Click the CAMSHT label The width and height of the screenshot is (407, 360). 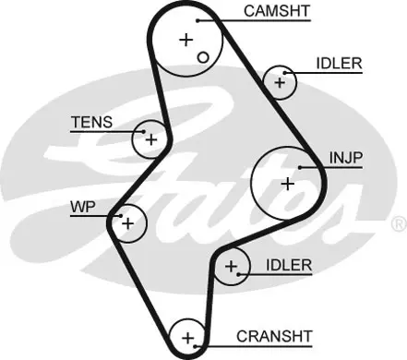pos(277,11)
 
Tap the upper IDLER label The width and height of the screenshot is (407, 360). pos(339,64)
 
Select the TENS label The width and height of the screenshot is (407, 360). pos(92,122)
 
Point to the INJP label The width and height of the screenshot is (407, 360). pos(346,158)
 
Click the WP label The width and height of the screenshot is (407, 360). pos(83,207)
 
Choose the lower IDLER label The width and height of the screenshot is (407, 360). pos(289,265)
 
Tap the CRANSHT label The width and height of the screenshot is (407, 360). pos(274,336)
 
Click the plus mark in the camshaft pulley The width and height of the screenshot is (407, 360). pos(186,40)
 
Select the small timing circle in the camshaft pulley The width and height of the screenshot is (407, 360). pos(203,57)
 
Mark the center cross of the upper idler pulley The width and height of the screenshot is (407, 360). pos(280,82)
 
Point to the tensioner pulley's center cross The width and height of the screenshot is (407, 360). pos(151,140)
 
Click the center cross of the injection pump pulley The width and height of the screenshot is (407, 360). pos(288,184)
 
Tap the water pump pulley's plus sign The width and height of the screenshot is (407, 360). pos(128,223)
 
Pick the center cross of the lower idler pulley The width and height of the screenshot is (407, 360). pos(231,267)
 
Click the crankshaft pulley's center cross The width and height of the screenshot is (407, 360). pos(187,338)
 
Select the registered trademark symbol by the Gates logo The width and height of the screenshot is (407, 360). pos(400,224)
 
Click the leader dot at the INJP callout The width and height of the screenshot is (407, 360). pos(300,167)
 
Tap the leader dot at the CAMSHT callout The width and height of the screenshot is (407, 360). pos(198,20)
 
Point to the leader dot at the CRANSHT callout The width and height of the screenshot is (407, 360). pos(195,346)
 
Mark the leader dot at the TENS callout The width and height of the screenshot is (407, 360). pos(143,132)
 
